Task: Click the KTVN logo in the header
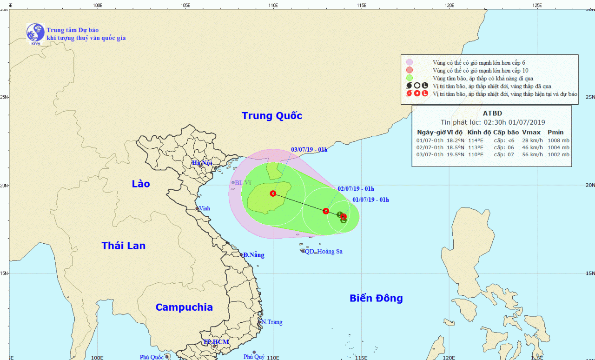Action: pyautogui.click(x=35, y=33)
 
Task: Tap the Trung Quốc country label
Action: pyautogui.click(x=272, y=116)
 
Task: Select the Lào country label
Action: pyautogui.click(x=140, y=184)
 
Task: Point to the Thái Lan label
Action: pyautogui.click(x=124, y=246)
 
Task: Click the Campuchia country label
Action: pyautogui.click(x=184, y=307)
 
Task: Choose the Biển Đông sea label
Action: pyautogui.click(x=376, y=298)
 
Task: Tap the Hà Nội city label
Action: pyautogui.click(x=202, y=163)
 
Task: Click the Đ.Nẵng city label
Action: pyautogui.click(x=254, y=255)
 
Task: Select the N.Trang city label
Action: pyautogui.click(x=271, y=322)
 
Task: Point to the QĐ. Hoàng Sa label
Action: pyautogui.click(x=324, y=252)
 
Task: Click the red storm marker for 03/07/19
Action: pyautogui.click(x=273, y=193)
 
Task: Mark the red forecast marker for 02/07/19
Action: pyautogui.click(x=326, y=211)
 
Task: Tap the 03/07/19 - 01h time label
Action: pyautogui.click(x=309, y=150)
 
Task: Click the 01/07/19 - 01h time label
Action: pyautogui.click(x=370, y=200)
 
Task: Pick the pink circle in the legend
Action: pyautogui.click(x=410, y=62)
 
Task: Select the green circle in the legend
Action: pyautogui.click(x=410, y=78)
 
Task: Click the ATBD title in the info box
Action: pyautogui.click(x=493, y=113)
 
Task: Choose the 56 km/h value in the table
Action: pyautogui.click(x=532, y=154)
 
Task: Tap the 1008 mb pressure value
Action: pyautogui.click(x=559, y=140)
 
